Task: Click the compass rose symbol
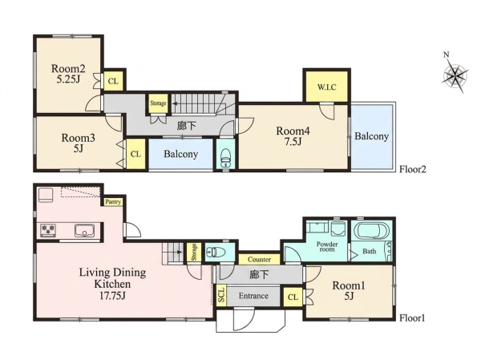(x=455, y=75)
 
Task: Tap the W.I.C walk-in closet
(x=327, y=87)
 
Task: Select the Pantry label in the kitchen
(x=113, y=202)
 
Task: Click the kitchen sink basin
(x=85, y=230)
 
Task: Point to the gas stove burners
(x=48, y=230)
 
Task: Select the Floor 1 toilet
(x=216, y=253)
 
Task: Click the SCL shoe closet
(x=221, y=296)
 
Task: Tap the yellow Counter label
(x=259, y=260)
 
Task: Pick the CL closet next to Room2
(x=113, y=81)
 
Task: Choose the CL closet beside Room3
(x=135, y=154)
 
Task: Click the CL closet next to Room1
(x=293, y=297)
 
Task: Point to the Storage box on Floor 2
(x=158, y=103)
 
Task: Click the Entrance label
(x=253, y=296)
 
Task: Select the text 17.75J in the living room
(x=112, y=296)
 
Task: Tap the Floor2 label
(x=413, y=169)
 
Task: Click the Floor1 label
(x=412, y=318)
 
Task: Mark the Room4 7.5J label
(x=293, y=136)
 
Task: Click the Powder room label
(x=327, y=247)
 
